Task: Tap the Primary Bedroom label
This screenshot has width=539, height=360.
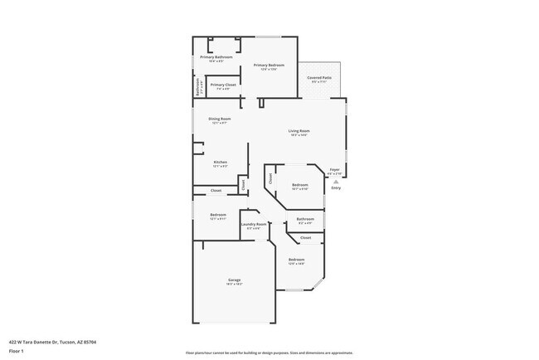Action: point(269,66)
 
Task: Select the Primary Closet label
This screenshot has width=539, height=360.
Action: point(223,85)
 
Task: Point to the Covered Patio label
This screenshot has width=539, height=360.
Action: point(319,77)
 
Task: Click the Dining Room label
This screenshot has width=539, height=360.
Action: point(220,119)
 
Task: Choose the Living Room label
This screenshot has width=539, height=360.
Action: point(299,131)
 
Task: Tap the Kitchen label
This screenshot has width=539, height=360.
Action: point(220,162)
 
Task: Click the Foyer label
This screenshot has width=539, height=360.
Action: point(335,169)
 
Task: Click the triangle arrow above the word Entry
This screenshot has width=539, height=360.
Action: point(336,182)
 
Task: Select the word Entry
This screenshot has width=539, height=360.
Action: point(336,188)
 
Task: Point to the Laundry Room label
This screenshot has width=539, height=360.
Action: point(254,224)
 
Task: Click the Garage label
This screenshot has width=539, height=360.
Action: point(235,280)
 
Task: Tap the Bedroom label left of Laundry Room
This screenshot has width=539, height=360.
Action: point(217,215)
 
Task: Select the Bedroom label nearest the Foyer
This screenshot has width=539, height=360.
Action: point(299,185)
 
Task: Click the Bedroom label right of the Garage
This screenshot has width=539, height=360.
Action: point(296,260)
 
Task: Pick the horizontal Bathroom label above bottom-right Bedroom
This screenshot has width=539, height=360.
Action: point(304,219)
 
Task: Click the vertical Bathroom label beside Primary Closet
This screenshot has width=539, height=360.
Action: point(197,86)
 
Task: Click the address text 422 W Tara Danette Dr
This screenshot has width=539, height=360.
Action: point(46,341)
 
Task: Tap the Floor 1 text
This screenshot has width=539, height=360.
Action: point(17,351)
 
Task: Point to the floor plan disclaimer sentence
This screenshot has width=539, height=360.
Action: point(269,353)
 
